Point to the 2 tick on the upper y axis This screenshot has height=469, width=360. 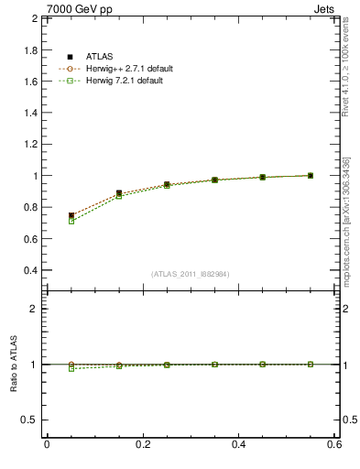33,18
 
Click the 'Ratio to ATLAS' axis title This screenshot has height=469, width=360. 13,364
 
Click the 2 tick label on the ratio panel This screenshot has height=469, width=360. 33,310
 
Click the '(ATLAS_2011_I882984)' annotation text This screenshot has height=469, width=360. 191,274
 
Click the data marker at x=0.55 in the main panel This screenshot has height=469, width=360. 311,175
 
